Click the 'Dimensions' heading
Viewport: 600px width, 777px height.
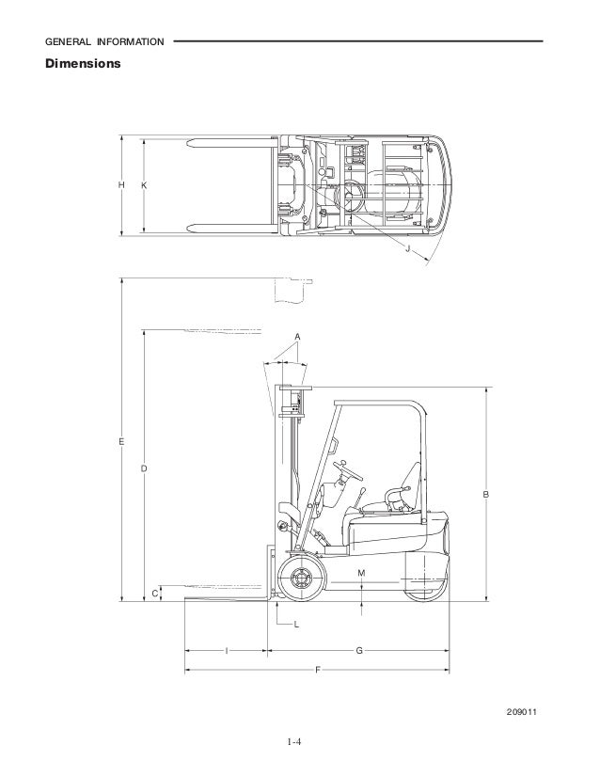(83, 63)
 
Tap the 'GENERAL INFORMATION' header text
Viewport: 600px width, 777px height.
(104, 42)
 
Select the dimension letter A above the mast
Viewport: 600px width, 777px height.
(297, 337)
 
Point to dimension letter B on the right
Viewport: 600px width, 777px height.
(486, 494)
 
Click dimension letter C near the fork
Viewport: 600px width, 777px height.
(154, 594)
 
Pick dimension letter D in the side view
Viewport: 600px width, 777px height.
(144, 468)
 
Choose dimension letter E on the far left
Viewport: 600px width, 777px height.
(121, 441)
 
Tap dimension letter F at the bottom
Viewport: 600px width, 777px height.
(318, 671)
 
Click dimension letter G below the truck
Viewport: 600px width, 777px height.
(359, 651)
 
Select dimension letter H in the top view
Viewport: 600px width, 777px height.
(121, 184)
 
